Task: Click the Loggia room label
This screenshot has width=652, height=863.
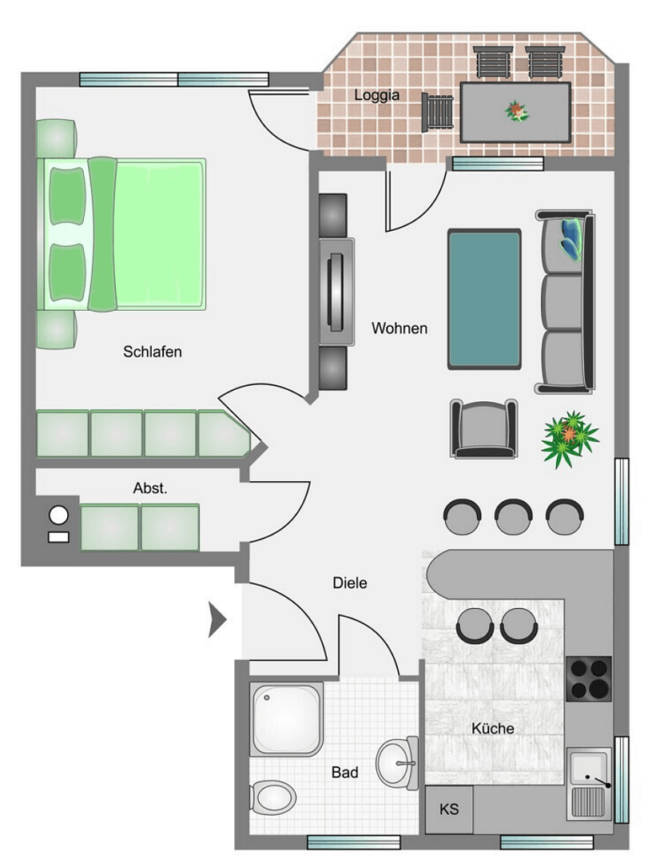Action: coord(377,95)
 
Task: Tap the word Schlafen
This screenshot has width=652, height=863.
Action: coord(153,352)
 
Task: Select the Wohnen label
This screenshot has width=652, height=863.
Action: coord(400,328)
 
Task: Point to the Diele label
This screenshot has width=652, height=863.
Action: coord(350,583)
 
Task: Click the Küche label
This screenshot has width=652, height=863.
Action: coord(492,728)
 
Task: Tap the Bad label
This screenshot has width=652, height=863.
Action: coord(345,773)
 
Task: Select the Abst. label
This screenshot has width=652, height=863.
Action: coord(150,488)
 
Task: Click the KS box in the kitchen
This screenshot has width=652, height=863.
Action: coord(449,809)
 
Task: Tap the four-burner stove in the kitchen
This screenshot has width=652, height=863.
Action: coord(589,678)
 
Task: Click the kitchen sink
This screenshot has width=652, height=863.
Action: coord(589,771)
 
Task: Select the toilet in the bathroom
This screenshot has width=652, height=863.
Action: coord(273,796)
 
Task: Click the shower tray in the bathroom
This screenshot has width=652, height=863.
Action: coord(287,718)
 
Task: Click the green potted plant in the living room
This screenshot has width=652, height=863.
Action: coord(569,439)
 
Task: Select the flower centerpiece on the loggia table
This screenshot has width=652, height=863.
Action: coord(517,111)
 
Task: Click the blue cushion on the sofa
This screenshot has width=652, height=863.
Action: coord(573,237)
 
